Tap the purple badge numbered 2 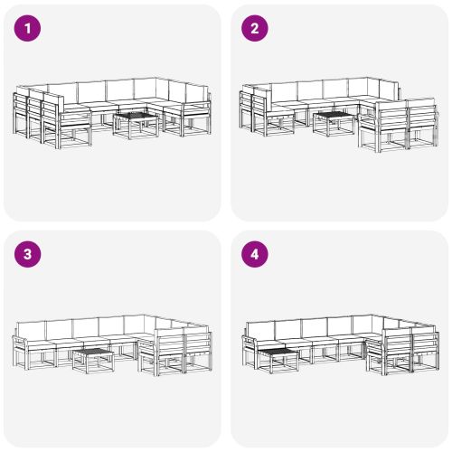255,28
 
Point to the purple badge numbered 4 255,254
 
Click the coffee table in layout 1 136,123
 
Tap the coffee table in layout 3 92,359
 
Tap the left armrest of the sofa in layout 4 246,344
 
